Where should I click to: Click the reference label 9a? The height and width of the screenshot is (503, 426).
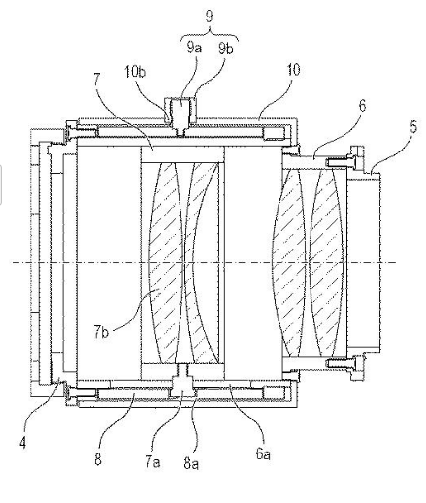tap(194, 48)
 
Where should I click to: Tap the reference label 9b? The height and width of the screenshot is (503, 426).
tap(226, 49)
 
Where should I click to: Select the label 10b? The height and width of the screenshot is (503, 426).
tap(135, 71)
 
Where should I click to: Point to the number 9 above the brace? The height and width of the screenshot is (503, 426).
tap(210, 16)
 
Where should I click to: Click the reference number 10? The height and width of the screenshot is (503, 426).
tap(293, 70)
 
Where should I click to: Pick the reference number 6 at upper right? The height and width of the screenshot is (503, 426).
tap(362, 105)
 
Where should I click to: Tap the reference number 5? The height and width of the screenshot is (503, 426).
tap(413, 126)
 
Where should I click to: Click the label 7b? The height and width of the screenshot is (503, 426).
tap(101, 332)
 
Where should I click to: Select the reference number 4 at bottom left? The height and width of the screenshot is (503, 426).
tap(22, 442)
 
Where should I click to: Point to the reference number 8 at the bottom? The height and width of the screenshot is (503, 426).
tap(98, 458)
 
